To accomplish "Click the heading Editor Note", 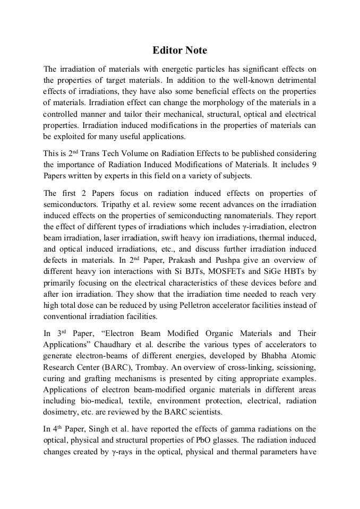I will coord(179,50).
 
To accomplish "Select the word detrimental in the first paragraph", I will coord(295,80).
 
